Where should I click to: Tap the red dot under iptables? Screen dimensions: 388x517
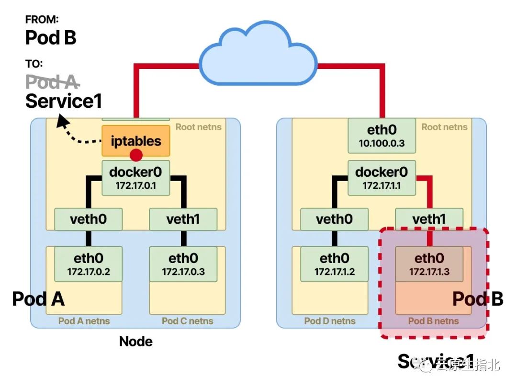coord(136,155)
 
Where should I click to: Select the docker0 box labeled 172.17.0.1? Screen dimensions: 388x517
coord(136,178)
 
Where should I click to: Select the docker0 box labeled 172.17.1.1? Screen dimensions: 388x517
coord(382,178)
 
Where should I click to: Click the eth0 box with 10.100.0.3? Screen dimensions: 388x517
coord(382,135)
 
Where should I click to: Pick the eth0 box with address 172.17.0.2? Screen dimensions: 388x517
coord(89,264)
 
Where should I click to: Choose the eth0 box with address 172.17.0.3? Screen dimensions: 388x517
coord(183,264)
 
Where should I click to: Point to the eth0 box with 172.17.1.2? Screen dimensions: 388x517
coord(335,264)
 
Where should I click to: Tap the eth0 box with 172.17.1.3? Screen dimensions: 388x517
coord(429,264)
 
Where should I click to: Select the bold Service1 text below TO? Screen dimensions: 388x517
coord(64,101)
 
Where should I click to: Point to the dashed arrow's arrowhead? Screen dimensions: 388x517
coord(61,121)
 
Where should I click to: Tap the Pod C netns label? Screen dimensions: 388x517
coord(187,321)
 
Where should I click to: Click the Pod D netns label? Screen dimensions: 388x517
coord(330,321)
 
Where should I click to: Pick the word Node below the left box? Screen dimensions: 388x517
coord(136,342)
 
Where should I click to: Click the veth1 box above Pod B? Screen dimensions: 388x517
coord(429,219)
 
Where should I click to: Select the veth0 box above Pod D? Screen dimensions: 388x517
coord(335,219)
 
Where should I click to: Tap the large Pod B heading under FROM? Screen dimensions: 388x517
coord(51,37)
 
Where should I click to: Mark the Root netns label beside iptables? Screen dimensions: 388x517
coord(198,127)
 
